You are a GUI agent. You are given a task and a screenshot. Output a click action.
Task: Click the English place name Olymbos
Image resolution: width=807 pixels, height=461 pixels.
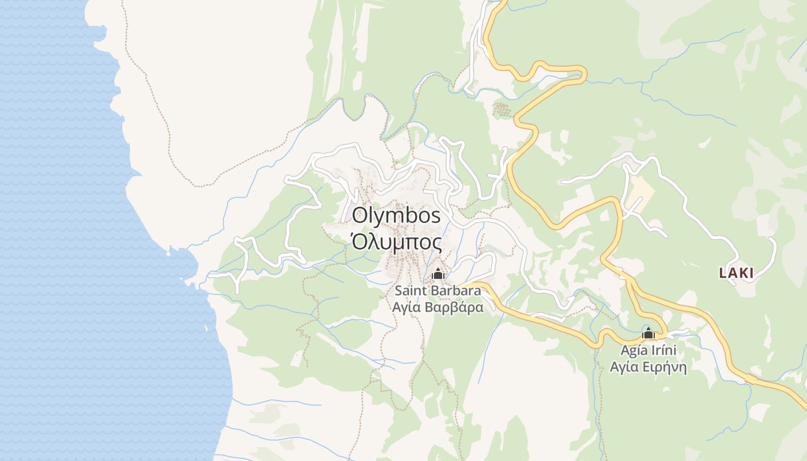[397, 216]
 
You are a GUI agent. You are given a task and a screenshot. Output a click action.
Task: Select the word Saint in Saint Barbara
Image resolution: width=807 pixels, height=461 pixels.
[409, 290]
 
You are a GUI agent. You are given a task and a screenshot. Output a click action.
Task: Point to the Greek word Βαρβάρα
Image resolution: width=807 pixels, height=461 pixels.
[454, 308]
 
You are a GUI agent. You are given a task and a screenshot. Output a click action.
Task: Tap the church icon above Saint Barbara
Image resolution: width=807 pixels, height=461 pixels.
[438, 274]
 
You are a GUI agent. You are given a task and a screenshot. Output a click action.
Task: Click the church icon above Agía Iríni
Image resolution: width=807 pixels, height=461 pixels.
[648, 334]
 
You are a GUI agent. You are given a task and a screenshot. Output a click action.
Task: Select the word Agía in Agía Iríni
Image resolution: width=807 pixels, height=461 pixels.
[633, 350]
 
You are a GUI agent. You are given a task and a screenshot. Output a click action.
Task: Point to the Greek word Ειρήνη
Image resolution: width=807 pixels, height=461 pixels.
[667, 366]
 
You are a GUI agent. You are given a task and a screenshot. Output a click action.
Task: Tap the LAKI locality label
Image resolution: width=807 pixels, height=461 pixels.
[736, 273]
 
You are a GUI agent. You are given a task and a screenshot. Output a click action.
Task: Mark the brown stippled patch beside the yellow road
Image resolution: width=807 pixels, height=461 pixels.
[503, 109]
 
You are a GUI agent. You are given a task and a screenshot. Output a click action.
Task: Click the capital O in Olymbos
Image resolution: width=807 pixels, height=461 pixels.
[359, 216]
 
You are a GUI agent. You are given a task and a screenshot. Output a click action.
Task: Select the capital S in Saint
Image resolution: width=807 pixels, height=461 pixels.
[398, 290]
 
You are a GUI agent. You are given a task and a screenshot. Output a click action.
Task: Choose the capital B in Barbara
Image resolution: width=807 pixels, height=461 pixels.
[430, 290]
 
